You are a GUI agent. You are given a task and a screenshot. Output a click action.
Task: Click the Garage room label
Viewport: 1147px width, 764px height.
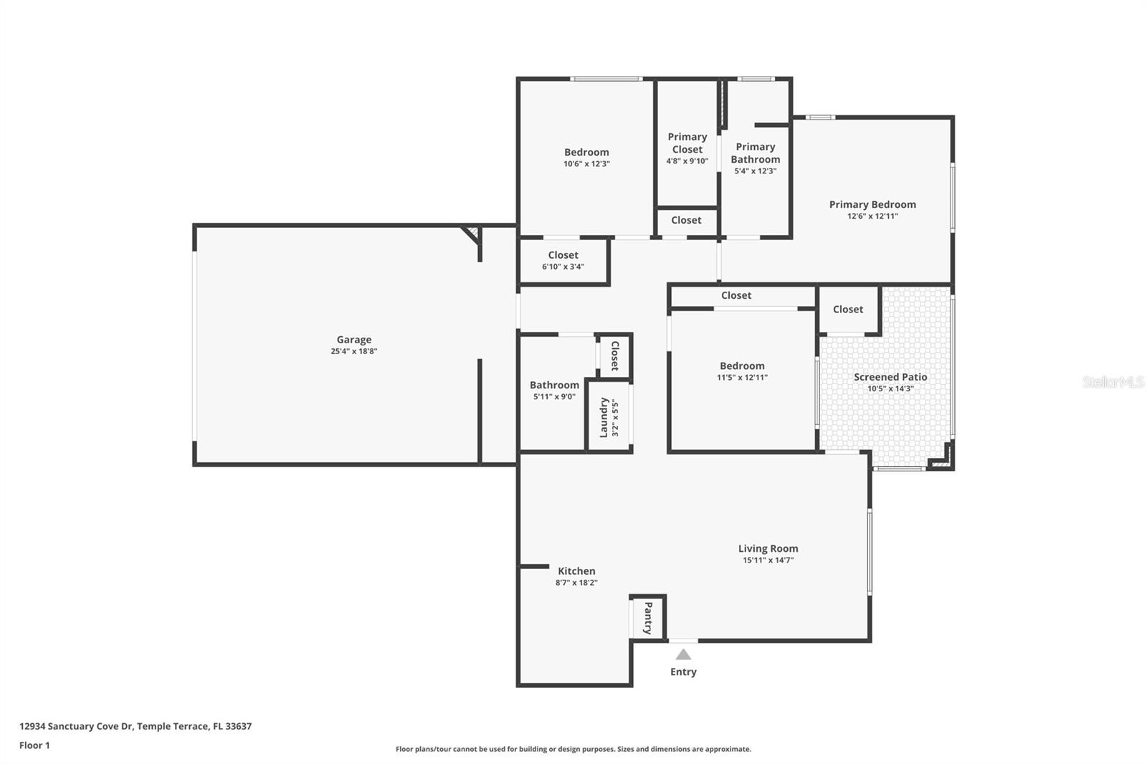[354, 340]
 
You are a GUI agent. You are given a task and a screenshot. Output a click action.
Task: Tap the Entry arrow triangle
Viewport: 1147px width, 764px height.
[683, 654]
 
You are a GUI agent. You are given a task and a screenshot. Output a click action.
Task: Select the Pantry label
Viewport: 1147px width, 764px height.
[647, 618]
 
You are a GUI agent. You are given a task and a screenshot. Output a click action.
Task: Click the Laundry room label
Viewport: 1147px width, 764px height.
[604, 417]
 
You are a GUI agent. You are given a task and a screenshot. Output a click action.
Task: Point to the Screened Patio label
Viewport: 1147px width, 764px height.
[890, 377]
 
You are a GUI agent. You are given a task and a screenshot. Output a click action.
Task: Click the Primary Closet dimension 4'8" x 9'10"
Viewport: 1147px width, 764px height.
[687, 161]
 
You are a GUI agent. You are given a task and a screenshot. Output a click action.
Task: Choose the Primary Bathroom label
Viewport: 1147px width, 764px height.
[755, 153]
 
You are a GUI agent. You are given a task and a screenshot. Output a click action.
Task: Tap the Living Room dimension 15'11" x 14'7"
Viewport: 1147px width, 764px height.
[768, 560]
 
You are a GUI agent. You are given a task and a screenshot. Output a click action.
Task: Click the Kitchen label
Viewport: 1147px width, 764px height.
[576, 571]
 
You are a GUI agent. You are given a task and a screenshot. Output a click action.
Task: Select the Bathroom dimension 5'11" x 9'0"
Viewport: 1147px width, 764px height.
[554, 396]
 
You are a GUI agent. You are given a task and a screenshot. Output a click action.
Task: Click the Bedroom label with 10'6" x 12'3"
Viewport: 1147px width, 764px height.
[586, 152]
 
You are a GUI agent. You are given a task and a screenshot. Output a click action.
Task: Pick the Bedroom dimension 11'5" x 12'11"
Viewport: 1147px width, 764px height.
[742, 377]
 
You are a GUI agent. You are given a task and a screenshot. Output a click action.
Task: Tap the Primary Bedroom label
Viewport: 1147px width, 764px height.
[872, 204]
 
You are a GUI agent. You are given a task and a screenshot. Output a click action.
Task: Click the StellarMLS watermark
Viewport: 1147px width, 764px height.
[1113, 382]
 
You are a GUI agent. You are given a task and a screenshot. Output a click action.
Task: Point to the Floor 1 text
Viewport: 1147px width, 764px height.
[34, 745]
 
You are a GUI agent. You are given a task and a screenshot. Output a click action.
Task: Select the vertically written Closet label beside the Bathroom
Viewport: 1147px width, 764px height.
[614, 355]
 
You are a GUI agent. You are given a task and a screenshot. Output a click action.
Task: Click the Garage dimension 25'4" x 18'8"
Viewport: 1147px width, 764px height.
[354, 351]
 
